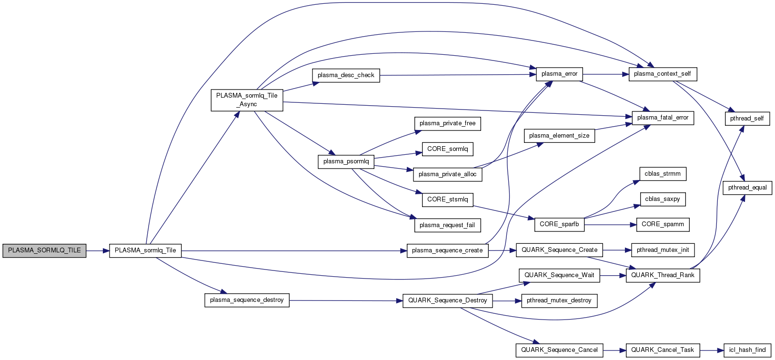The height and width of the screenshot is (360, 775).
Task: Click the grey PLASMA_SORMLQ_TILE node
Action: [x=44, y=250]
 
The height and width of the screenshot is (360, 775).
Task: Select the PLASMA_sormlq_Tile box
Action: [x=145, y=250]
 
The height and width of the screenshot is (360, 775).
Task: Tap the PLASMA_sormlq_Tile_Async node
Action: [x=247, y=100]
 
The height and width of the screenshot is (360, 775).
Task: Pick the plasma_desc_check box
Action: [x=346, y=75]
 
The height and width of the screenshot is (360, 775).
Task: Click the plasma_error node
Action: [x=559, y=74]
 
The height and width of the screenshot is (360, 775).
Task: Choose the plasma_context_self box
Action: [x=663, y=74]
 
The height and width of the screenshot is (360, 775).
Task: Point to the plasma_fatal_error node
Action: [x=663, y=118]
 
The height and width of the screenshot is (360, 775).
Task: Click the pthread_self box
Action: [x=747, y=119]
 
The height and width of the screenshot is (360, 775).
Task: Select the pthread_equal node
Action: [x=747, y=188]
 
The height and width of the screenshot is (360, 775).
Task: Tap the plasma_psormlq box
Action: [x=346, y=161]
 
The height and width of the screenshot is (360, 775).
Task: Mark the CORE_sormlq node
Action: [x=448, y=149]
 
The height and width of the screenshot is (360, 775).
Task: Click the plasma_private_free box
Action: [x=447, y=123]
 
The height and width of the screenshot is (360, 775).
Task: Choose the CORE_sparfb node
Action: [x=559, y=224]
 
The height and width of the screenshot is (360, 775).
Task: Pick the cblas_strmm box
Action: [x=663, y=174]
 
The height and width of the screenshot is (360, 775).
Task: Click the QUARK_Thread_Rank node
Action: [x=663, y=275]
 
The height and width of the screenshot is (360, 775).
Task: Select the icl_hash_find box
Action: [x=747, y=350]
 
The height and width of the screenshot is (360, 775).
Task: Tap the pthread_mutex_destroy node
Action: [x=559, y=300]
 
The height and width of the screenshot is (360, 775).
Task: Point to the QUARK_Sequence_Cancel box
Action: [x=559, y=350]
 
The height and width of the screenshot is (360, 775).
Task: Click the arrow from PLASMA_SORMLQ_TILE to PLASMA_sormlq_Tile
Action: [x=98, y=250]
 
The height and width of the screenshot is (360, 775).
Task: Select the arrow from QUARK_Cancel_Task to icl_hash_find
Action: [x=712, y=350]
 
